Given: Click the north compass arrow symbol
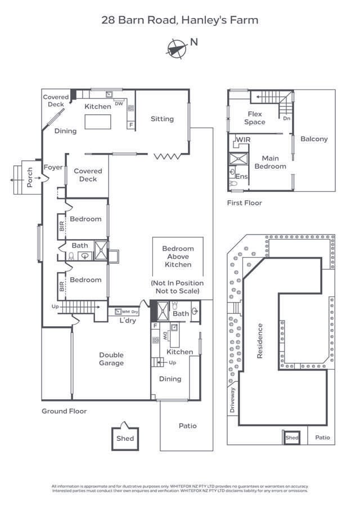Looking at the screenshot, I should point(176,48).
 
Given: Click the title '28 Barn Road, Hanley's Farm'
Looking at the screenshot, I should point(180,20).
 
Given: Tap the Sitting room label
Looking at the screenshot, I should point(162,119).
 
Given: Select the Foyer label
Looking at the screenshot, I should point(53,168).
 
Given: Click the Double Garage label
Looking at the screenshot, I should point(111,359).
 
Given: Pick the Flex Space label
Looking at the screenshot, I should point(255,118).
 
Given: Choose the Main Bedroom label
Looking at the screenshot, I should point(270,162).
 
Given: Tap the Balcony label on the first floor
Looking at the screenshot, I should point(314,139).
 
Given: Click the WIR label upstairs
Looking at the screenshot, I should point(244,139).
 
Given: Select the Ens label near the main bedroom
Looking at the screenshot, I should point(241,177).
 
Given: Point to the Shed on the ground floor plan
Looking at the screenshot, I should point(125,438).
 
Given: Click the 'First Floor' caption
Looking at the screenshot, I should point(244,203).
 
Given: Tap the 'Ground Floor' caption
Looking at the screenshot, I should point(64,411).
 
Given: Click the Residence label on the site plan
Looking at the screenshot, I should point(260,341).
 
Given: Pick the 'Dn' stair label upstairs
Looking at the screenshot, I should point(286,119).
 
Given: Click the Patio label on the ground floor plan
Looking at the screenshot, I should point(188,426).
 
